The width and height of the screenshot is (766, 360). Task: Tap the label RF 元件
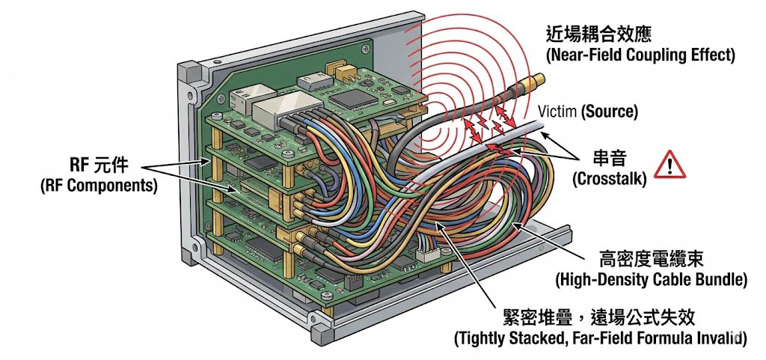pyautogui.click(x=96, y=164)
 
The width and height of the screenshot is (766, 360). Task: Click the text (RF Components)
pyautogui.click(x=98, y=186)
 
